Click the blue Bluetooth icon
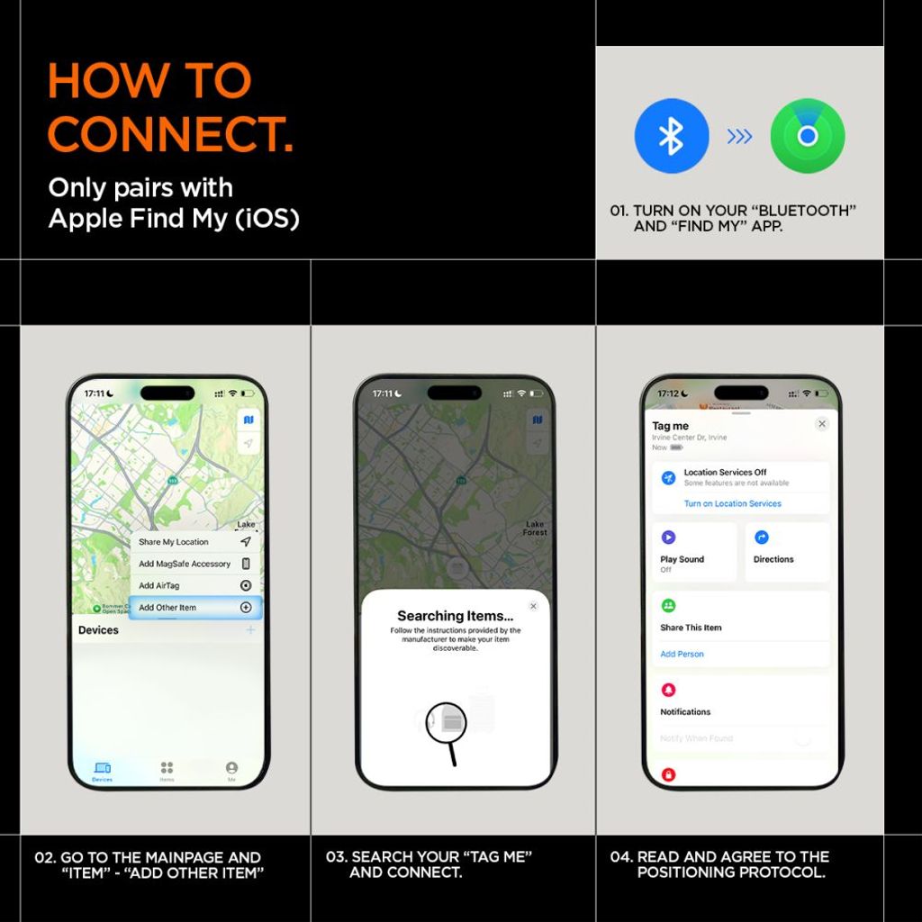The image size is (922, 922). pyautogui.click(x=671, y=136)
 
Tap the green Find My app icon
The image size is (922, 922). pyautogui.click(x=807, y=136)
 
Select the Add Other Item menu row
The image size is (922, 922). pyautogui.click(x=194, y=608)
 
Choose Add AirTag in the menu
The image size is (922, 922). pyautogui.click(x=194, y=585)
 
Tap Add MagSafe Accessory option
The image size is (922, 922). pyautogui.click(x=194, y=564)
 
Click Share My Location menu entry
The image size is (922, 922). pyautogui.click(x=194, y=542)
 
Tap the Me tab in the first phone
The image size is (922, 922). pyautogui.click(x=231, y=770)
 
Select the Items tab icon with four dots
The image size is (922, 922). pyautogui.click(x=167, y=769)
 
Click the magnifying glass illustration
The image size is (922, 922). pyautogui.click(x=447, y=723)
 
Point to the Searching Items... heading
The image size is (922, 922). pyautogui.click(x=455, y=616)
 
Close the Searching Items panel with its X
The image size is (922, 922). pyautogui.click(x=533, y=607)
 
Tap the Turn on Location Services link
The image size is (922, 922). pyautogui.click(x=733, y=503)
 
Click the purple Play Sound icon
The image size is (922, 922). pyautogui.click(x=668, y=538)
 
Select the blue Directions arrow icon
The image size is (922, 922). pyautogui.click(x=762, y=538)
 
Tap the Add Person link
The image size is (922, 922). pyautogui.click(x=682, y=654)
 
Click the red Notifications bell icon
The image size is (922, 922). pyautogui.click(x=668, y=690)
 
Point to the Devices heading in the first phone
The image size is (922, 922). pyautogui.click(x=99, y=630)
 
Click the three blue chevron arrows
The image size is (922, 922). pyautogui.click(x=739, y=136)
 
